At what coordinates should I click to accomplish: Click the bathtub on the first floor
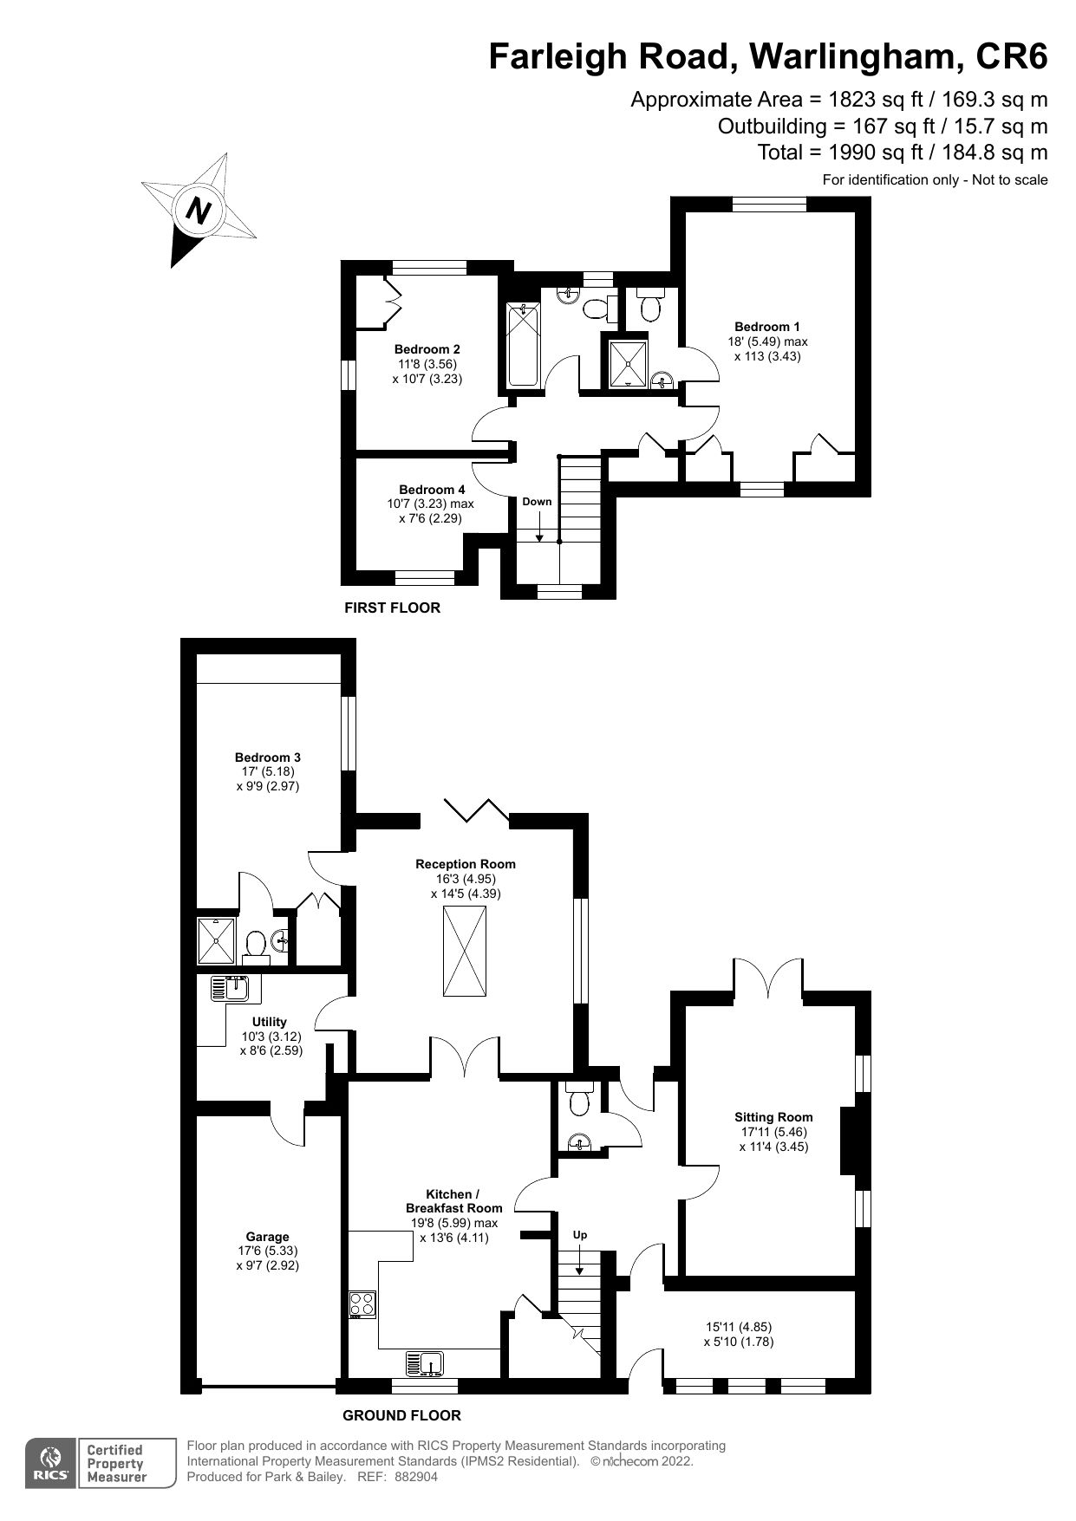tap(524, 344)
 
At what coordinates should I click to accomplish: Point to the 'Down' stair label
tap(537, 502)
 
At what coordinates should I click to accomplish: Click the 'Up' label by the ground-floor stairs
tap(580, 1234)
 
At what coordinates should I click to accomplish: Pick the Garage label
tap(267, 1237)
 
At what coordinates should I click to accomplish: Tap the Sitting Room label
tap(773, 1117)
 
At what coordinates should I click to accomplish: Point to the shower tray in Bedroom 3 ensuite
tap(215, 940)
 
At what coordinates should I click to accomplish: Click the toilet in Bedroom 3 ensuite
tap(255, 945)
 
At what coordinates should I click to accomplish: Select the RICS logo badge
tap(49, 1464)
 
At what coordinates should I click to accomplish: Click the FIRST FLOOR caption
tap(392, 608)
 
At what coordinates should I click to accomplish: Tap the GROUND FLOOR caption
tap(401, 1415)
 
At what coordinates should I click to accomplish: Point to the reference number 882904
tap(416, 1477)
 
